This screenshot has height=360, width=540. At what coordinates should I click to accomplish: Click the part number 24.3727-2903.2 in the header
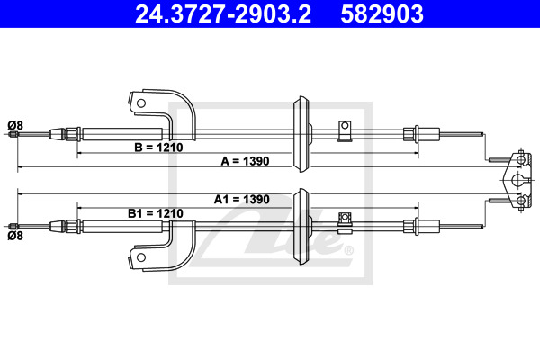223,13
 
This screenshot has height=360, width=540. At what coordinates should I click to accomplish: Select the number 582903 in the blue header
382,13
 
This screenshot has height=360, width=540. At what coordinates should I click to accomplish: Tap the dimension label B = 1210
158,148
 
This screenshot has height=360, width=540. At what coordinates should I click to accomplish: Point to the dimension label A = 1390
245,161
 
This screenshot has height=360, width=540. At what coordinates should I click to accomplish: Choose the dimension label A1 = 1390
242,199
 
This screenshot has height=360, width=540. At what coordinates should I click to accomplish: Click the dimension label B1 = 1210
156,213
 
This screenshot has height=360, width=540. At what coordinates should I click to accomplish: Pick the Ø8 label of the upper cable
15,125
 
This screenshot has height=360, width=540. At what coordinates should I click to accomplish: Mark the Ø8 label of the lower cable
15,236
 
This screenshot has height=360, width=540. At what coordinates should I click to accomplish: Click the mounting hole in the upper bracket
141,103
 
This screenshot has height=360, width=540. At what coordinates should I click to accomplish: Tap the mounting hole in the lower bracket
141,257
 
